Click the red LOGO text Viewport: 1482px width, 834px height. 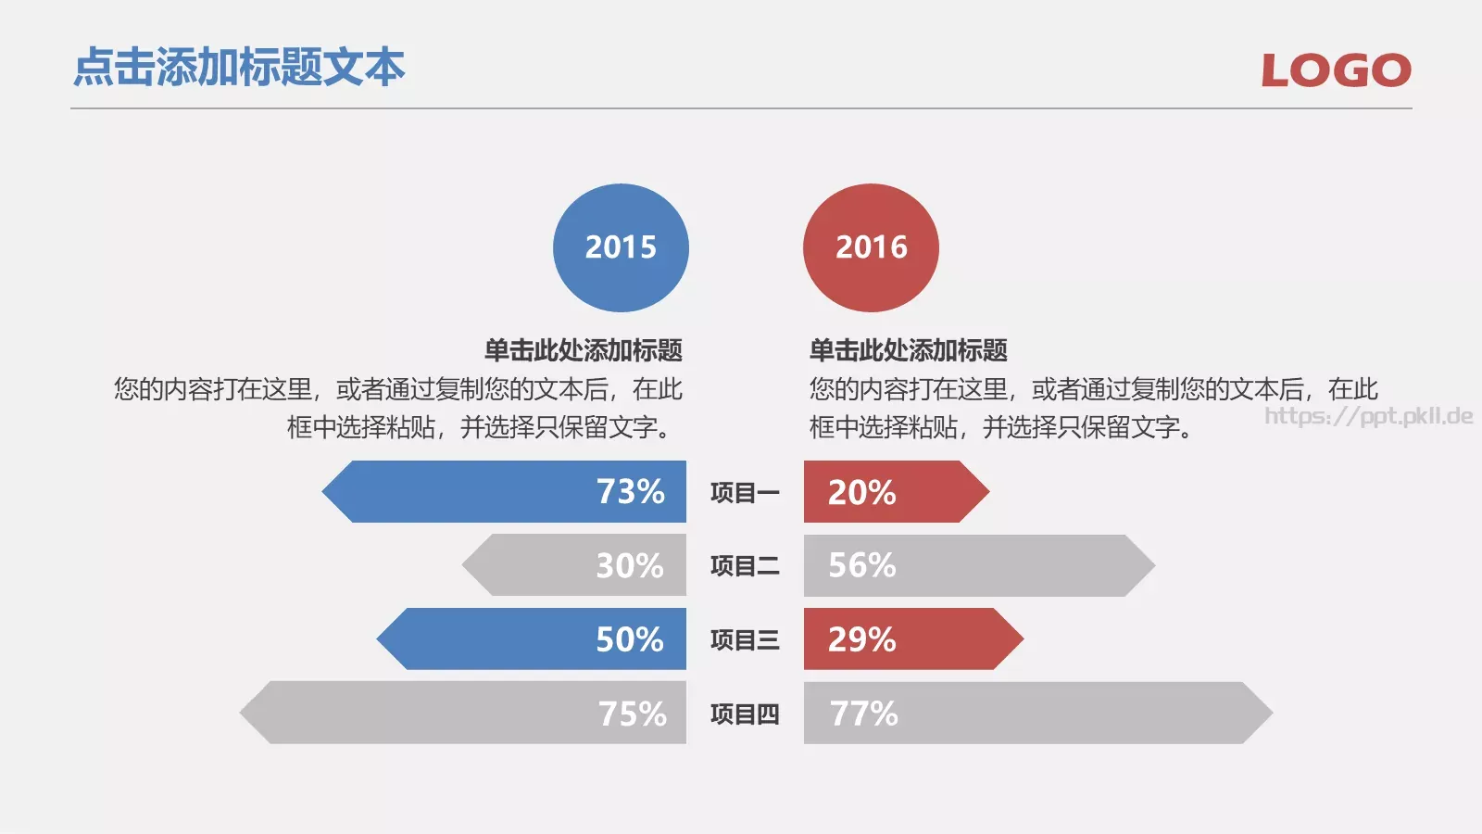tap(1336, 70)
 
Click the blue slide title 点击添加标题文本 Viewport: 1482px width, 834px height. tap(239, 68)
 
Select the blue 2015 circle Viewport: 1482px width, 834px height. tap(621, 247)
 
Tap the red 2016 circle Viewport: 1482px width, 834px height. tap(871, 247)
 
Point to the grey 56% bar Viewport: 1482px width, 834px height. tap(973, 565)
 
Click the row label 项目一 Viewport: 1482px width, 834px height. tap(745, 492)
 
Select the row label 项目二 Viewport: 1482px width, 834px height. tap(745, 565)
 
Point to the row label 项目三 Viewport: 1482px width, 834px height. tap(745, 639)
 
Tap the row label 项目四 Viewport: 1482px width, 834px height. tap(745, 714)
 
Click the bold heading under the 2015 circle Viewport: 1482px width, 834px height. tap(584, 350)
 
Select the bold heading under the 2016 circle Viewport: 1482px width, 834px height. tap(909, 350)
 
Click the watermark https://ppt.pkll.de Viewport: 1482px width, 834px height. tap(1368, 415)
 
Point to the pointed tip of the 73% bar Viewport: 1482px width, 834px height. tap(327, 491)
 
